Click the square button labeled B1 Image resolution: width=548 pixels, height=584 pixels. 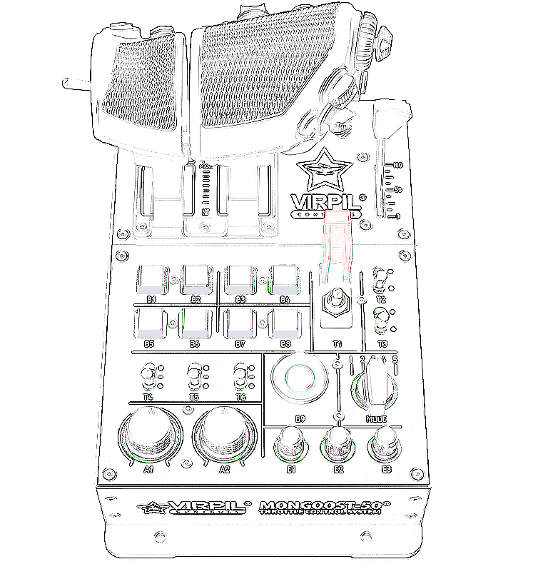coord(152,278)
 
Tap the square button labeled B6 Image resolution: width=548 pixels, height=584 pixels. coord(195,323)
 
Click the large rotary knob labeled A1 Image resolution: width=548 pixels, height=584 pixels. coord(148,435)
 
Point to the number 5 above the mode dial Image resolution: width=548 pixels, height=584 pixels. coord(395,359)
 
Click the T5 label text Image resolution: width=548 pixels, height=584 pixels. coord(193,397)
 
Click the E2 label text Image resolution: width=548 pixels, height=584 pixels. coord(338,469)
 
